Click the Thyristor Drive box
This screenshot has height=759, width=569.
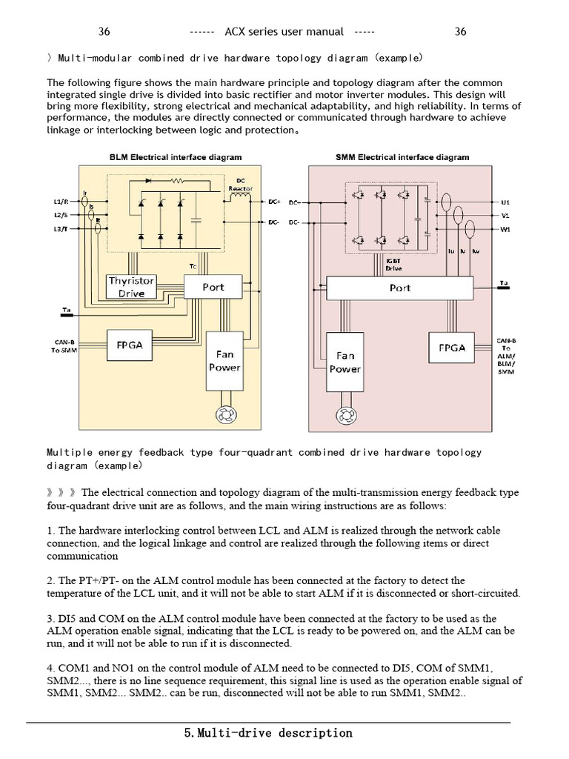point(131,287)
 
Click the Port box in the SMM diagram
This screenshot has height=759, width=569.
point(400,288)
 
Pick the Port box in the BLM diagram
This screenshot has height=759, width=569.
point(213,287)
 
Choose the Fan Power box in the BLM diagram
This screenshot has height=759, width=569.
point(224,361)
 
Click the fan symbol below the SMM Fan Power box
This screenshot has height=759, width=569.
point(345,414)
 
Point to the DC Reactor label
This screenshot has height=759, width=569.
point(241,185)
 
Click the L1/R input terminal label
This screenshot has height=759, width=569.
point(61,202)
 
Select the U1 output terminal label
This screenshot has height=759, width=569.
point(506,202)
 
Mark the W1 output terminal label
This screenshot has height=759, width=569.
point(506,229)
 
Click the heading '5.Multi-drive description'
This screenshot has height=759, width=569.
point(268,733)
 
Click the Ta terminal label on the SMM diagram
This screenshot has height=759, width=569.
point(504,282)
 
